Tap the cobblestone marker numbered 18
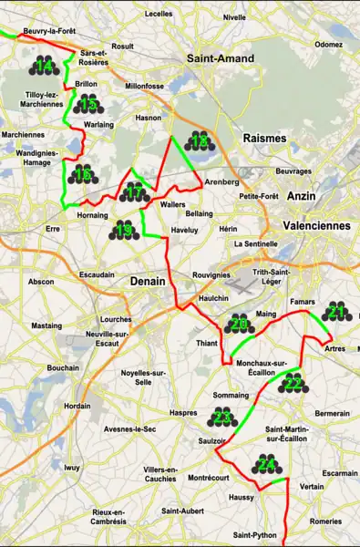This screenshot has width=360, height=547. [198, 140]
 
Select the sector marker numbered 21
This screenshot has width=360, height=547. [336, 313]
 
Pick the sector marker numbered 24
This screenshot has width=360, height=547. [268, 465]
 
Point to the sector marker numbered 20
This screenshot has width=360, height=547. [239, 325]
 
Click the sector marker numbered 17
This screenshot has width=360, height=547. [134, 192]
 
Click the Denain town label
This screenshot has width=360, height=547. [147, 281]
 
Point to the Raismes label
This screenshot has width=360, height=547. [264, 138]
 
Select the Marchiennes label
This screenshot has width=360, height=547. [22, 134]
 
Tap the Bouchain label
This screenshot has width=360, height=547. [62, 367]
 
